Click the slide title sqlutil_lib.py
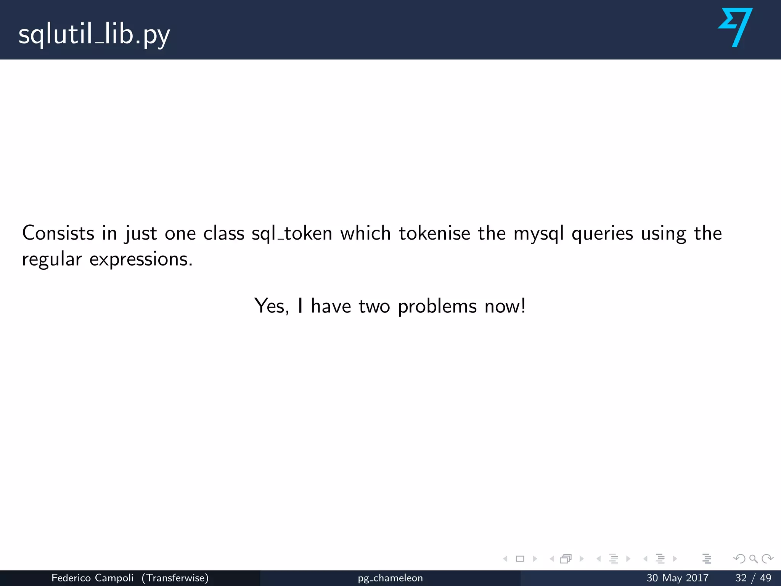[x=94, y=35]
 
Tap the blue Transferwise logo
[x=736, y=27]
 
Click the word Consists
[x=58, y=233]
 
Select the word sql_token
[x=292, y=233]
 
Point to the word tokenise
[x=434, y=233]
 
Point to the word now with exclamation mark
[x=505, y=306]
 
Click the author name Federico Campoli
[x=92, y=578]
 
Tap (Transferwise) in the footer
[x=175, y=578]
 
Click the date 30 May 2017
[x=677, y=578]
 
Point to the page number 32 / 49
[x=753, y=578]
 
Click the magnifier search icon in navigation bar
[x=753, y=559]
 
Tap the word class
[x=223, y=233]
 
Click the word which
[x=365, y=233]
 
